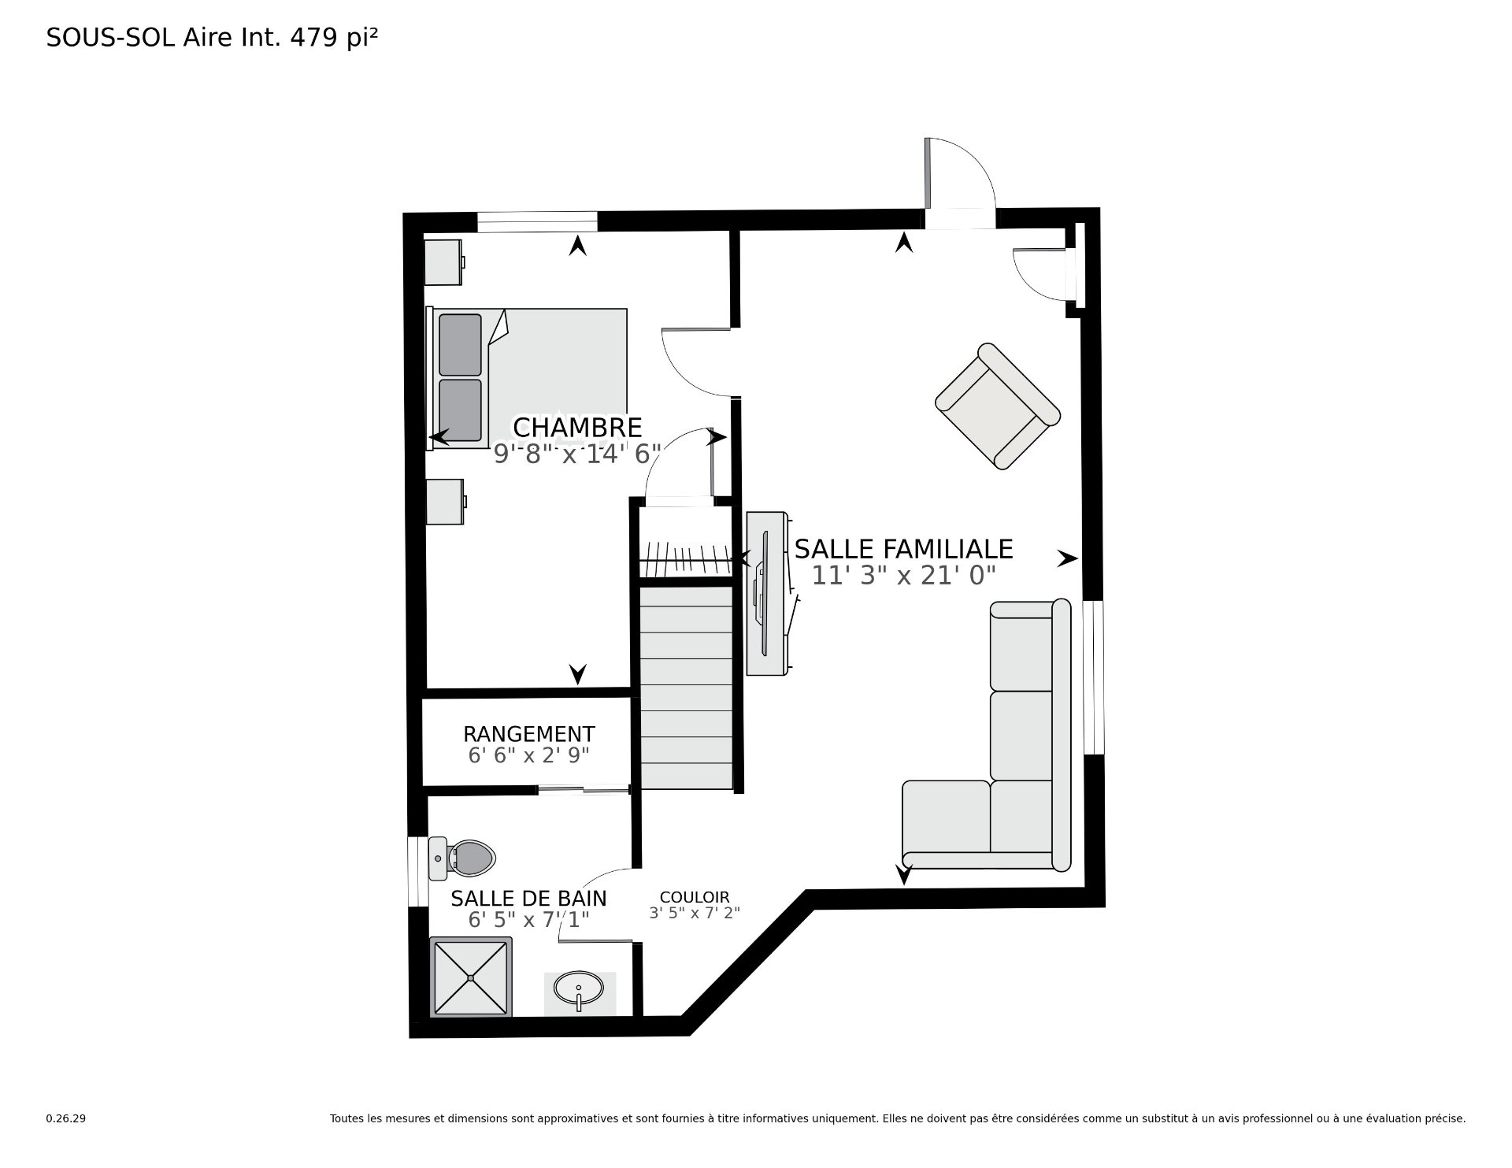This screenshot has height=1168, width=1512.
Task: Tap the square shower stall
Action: click(471, 977)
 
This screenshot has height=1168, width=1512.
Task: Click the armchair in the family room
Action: click(998, 406)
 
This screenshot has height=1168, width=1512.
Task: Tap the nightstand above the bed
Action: click(445, 262)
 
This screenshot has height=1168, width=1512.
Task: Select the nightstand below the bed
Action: click(446, 502)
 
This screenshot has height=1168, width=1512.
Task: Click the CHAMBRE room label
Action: click(577, 428)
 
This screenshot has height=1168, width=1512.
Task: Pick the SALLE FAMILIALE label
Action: click(903, 548)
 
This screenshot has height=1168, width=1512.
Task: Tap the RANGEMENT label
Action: click(528, 734)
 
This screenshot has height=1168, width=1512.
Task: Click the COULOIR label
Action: click(695, 897)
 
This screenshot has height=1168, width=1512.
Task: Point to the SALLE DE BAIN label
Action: click(528, 898)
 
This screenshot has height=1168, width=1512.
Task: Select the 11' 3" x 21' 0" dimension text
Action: click(904, 576)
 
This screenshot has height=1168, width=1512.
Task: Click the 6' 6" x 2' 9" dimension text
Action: click(528, 755)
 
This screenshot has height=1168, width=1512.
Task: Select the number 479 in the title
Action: click(319, 38)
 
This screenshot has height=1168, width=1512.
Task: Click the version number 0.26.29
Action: click(65, 1118)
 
